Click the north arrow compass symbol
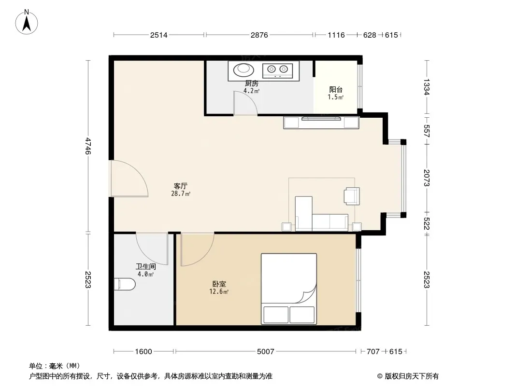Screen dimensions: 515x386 click(x=27, y=22)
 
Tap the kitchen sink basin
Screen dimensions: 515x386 click(x=243, y=69)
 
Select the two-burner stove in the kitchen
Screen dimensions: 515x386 click(x=277, y=70)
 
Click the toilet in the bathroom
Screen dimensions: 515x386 click(x=125, y=284)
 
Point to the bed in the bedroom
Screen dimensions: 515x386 click(x=289, y=289)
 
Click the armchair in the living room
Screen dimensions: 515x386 click(x=352, y=196)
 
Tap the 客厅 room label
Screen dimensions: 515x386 click(x=181, y=186)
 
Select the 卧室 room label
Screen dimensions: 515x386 click(x=219, y=284)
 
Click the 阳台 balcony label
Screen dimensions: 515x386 click(x=336, y=90)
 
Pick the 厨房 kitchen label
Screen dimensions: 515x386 click(x=252, y=83)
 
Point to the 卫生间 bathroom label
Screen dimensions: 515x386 click(x=146, y=267)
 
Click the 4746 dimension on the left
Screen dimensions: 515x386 click(x=88, y=146)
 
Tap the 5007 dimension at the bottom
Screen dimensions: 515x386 click(x=265, y=352)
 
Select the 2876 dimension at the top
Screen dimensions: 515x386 click(x=259, y=35)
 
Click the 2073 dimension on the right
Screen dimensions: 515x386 click(x=427, y=178)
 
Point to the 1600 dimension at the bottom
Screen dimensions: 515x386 click(x=143, y=352)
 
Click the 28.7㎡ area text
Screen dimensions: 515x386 click(x=181, y=193)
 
